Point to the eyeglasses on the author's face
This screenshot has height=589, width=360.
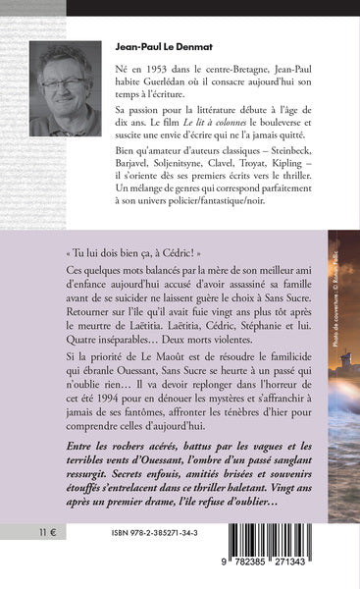point(65,84)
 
